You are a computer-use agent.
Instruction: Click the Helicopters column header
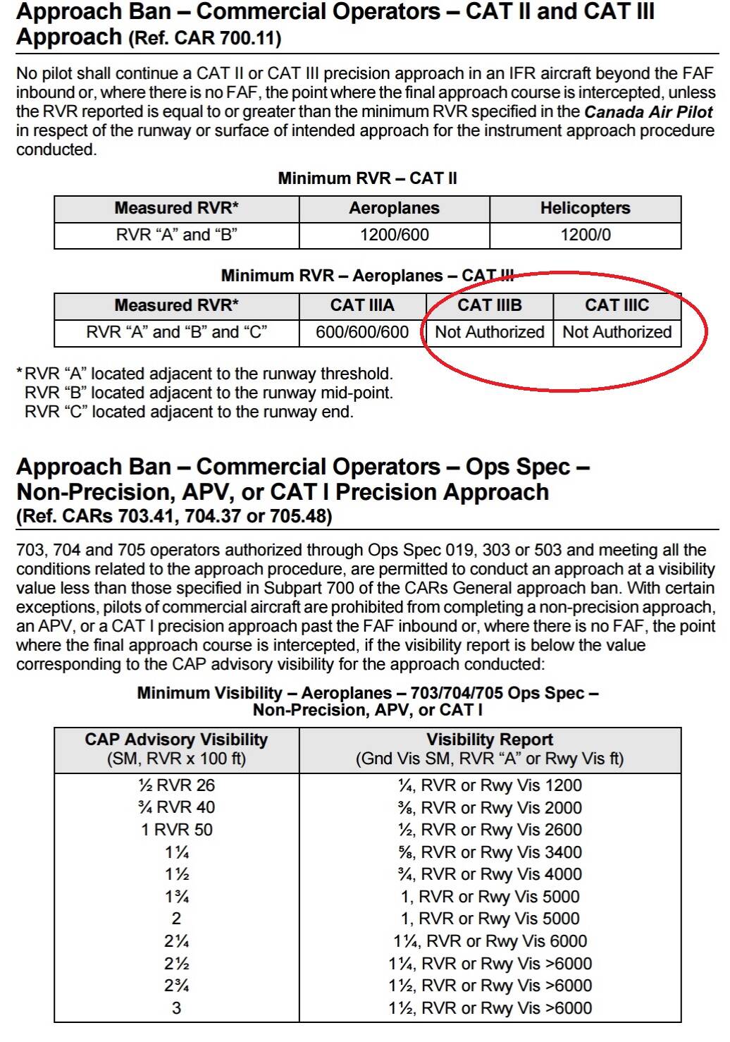coord(585,208)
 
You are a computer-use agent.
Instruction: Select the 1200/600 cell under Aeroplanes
coord(394,235)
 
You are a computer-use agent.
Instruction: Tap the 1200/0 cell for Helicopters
coord(585,235)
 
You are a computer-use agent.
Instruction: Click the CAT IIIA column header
coord(362,305)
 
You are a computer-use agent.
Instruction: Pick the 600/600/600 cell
coord(362,332)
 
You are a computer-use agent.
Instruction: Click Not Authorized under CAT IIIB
coord(490,332)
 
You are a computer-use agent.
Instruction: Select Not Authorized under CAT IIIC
coord(617,332)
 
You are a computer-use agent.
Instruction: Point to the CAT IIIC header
coord(617,305)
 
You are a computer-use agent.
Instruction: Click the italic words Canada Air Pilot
coord(648,111)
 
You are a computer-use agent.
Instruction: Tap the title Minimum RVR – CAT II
coord(367,178)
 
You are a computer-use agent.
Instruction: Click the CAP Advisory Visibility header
coord(176,740)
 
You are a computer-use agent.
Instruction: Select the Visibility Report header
coord(490,740)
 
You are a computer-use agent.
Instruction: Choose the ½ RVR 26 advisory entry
coord(176,785)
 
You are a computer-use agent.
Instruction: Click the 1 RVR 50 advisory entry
coord(176,830)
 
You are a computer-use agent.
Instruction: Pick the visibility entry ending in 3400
coord(490,852)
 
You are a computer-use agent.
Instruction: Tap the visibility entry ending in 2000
coord(490,808)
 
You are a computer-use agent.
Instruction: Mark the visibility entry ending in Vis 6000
coord(490,941)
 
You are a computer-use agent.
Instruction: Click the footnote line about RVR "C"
coord(189,412)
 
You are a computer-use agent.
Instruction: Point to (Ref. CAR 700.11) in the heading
coord(204,38)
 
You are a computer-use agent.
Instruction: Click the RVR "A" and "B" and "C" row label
coord(176,332)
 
